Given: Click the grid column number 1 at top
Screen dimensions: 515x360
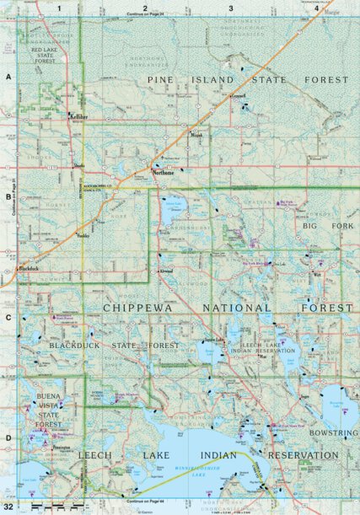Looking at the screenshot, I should [x=61, y=8].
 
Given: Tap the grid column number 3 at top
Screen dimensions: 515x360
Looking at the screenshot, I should [x=231, y=8].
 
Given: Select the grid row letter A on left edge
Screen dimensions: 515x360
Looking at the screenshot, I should [x=8, y=77].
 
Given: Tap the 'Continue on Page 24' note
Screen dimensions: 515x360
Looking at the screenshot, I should [x=144, y=15].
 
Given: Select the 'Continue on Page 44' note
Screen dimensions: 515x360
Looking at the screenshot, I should [x=144, y=502].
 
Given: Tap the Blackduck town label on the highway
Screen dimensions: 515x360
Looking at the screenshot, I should [x=29, y=268].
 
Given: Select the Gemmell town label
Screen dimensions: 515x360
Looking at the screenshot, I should [x=239, y=96].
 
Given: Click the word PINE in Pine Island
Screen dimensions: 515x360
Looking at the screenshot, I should [x=164, y=79].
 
